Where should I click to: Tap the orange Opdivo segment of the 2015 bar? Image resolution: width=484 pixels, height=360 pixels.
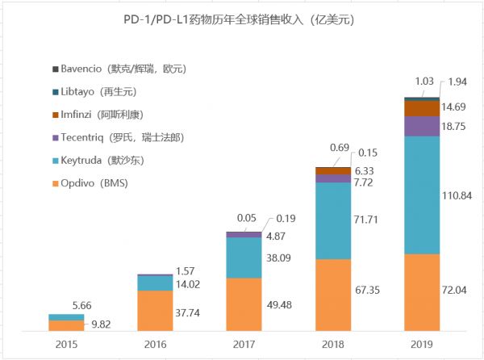(66, 325)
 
